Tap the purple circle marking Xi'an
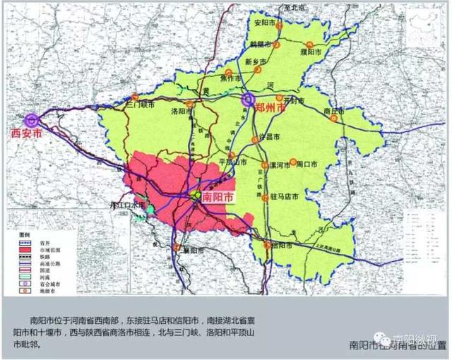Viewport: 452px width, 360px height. pyautogui.click(x=31, y=119)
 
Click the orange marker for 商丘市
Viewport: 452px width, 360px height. pyautogui.click(x=333, y=119)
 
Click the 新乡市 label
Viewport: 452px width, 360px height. pyautogui.click(x=255, y=62)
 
